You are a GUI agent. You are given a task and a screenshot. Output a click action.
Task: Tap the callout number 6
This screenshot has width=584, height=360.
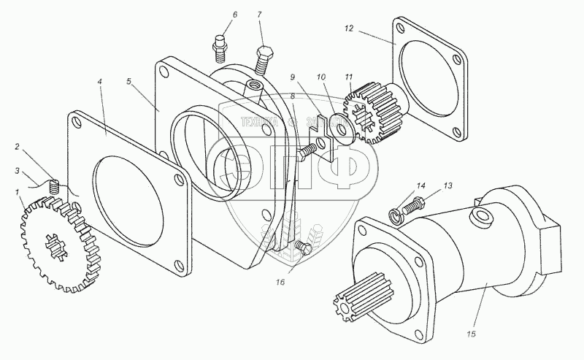(x=214, y=15)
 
